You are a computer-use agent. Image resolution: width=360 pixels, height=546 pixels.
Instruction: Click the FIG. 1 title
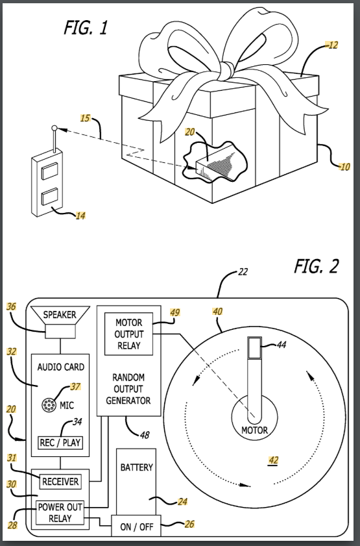point(86,28)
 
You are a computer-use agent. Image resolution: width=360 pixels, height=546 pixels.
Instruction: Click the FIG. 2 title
point(316,267)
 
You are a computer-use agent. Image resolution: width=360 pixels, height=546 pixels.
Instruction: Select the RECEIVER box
point(60,482)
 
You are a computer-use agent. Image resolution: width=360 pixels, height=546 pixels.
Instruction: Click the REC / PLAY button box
point(60,443)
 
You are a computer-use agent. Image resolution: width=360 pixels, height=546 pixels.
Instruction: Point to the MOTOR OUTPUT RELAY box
point(128,334)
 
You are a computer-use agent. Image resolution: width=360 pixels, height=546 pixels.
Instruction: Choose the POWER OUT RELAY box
point(60,513)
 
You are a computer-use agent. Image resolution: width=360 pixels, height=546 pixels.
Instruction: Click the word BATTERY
point(136,467)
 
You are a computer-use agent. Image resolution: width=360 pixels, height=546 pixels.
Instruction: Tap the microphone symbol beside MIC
point(49,405)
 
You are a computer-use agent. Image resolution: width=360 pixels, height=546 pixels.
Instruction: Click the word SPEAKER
point(60,315)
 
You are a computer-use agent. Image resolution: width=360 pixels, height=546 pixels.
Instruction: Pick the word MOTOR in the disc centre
point(255,430)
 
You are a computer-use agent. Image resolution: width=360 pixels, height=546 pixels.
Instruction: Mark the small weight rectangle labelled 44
point(255,347)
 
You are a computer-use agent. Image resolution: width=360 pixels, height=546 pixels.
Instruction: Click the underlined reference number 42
point(273,460)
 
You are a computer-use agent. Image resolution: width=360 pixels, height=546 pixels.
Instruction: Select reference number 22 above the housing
point(243,271)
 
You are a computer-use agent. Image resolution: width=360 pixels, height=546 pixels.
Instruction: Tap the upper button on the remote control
point(50,171)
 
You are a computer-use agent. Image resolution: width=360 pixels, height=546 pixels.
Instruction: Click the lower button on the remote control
point(50,197)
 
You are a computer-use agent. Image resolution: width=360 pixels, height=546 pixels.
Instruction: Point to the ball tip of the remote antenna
point(54,128)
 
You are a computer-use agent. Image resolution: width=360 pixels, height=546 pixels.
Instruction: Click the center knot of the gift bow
point(226,71)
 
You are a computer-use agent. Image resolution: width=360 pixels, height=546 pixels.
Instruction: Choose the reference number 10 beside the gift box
point(344,167)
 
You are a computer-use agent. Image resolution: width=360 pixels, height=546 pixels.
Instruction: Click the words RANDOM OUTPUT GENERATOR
point(128,389)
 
